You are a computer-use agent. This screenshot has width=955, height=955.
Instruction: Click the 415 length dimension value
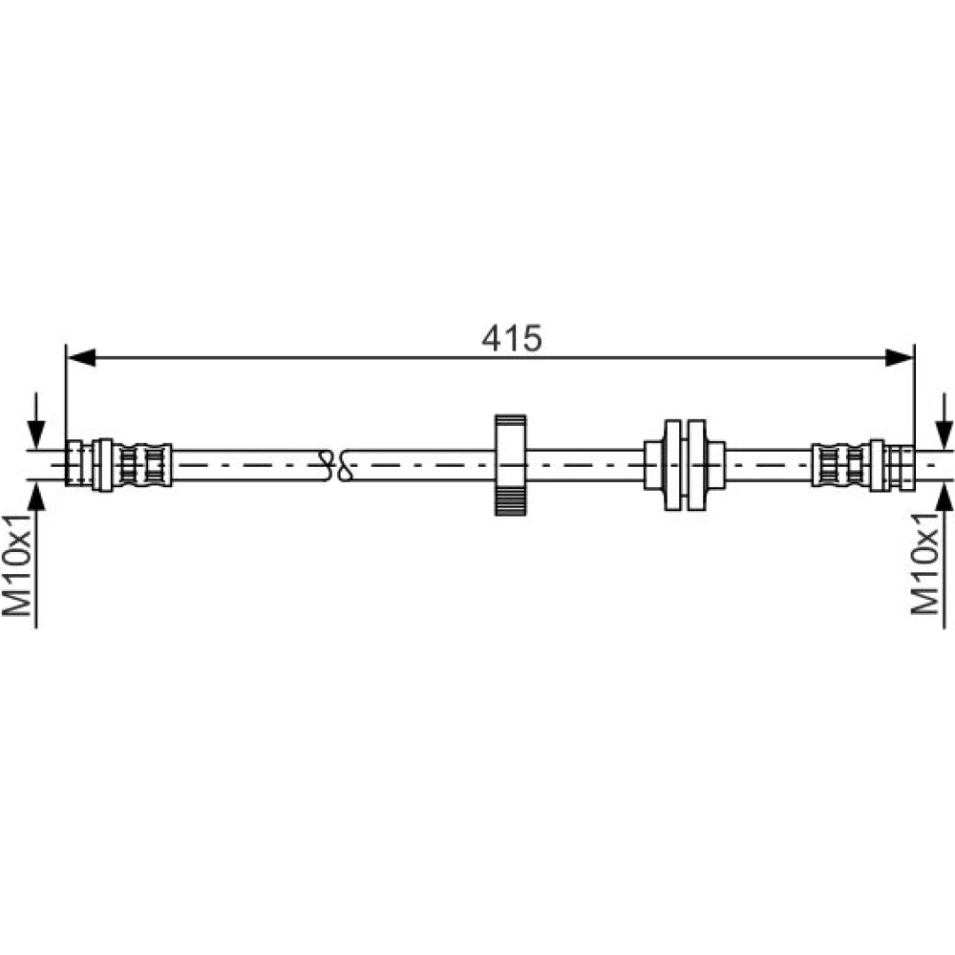click(x=511, y=338)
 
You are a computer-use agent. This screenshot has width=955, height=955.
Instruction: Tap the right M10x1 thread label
click(x=924, y=563)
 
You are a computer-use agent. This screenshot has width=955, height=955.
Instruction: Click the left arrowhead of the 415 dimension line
click(x=80, y=357)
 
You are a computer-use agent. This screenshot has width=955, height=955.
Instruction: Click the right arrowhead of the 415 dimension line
click(x=900, y=357)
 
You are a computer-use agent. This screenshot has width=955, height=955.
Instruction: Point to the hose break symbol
click(x=337, y=465)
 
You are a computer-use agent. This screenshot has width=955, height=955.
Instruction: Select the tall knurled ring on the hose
click(x=510, y=465)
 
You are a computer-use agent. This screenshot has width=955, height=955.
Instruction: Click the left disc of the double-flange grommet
click(x=673, y=465)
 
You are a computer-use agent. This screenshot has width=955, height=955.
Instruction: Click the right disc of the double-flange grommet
click(x=697, y=465)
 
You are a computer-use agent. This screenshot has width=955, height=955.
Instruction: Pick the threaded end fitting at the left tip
click(x=74, y=463)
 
